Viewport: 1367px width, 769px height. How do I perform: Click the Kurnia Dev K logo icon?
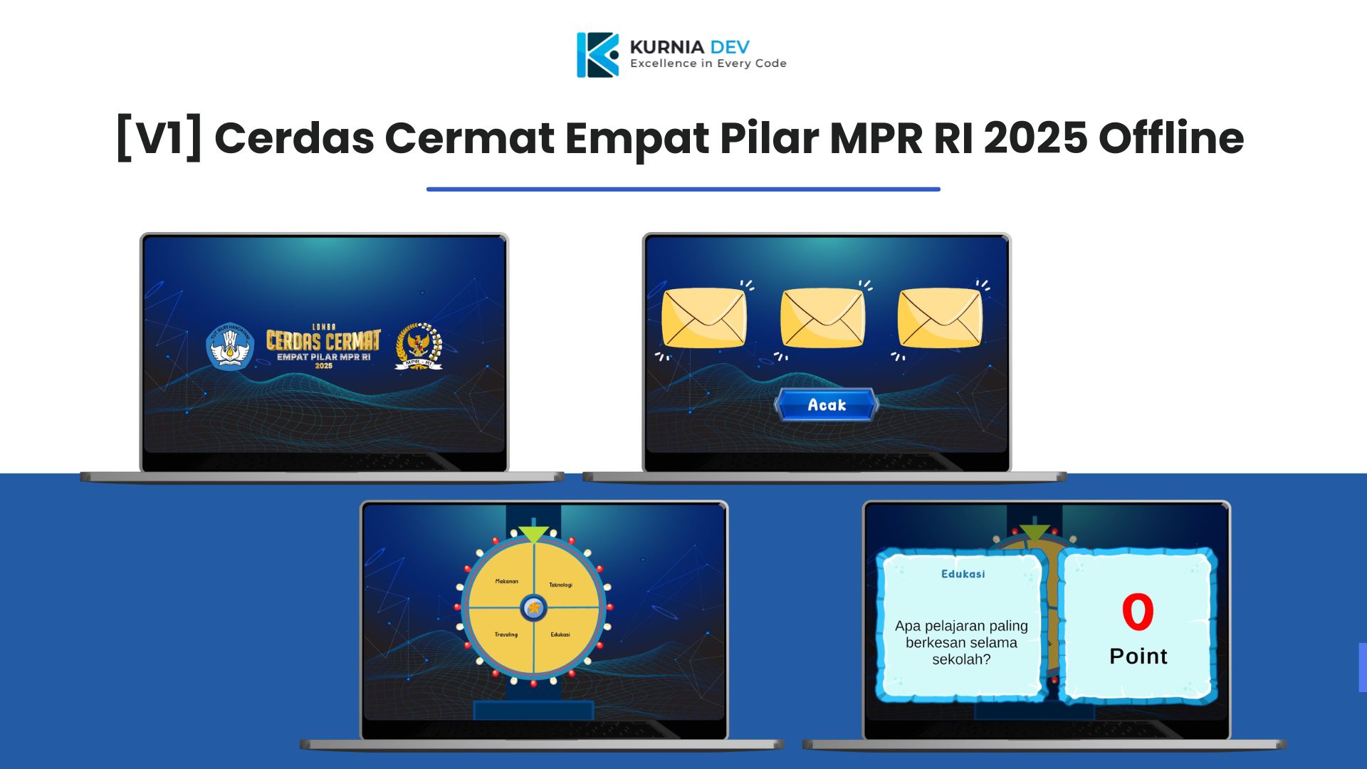click(597, 55)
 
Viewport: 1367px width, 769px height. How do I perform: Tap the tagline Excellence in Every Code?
click(708, 63)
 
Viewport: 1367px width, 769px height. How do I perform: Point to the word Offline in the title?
click(1171, 137)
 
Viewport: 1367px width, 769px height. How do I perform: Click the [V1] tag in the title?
click(159, 137)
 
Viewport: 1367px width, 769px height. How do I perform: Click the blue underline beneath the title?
click(683, 189)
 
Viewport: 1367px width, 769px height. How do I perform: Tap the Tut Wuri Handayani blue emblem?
click(230, 347)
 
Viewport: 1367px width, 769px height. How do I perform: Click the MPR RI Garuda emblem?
click(419, 347)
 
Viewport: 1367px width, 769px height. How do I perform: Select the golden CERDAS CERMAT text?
click(323, 340)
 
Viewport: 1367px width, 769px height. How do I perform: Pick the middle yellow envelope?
click(822, 318)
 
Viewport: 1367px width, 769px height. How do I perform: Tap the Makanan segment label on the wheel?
click(506, 581)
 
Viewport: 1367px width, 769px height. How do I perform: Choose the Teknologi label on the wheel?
click(560, 585)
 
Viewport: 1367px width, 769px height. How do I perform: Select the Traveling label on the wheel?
click(506, 634)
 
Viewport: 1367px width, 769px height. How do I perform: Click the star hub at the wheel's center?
click(533, 608)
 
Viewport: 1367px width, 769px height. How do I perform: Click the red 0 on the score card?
click(1138, 612)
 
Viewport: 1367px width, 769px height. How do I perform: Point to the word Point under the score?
click(1138, 656)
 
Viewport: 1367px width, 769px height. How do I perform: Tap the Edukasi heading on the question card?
click(963, 574)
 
